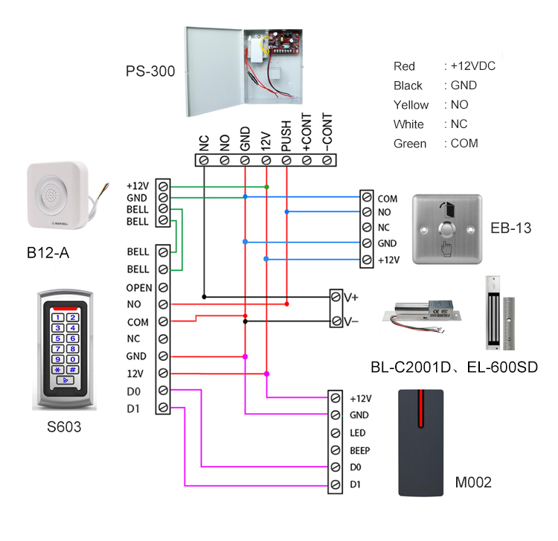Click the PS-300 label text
[150, 71]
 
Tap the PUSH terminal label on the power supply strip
[286, 137]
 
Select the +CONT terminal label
[306, 135]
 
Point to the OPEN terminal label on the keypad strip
[139, 287]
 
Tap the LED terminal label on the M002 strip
[356, 432]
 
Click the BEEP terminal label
[359, 450]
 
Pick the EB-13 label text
[511, 228]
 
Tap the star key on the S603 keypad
[57, 369]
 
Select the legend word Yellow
[411, 105]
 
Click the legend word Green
[410, 144]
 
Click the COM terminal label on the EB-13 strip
[388, 199]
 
